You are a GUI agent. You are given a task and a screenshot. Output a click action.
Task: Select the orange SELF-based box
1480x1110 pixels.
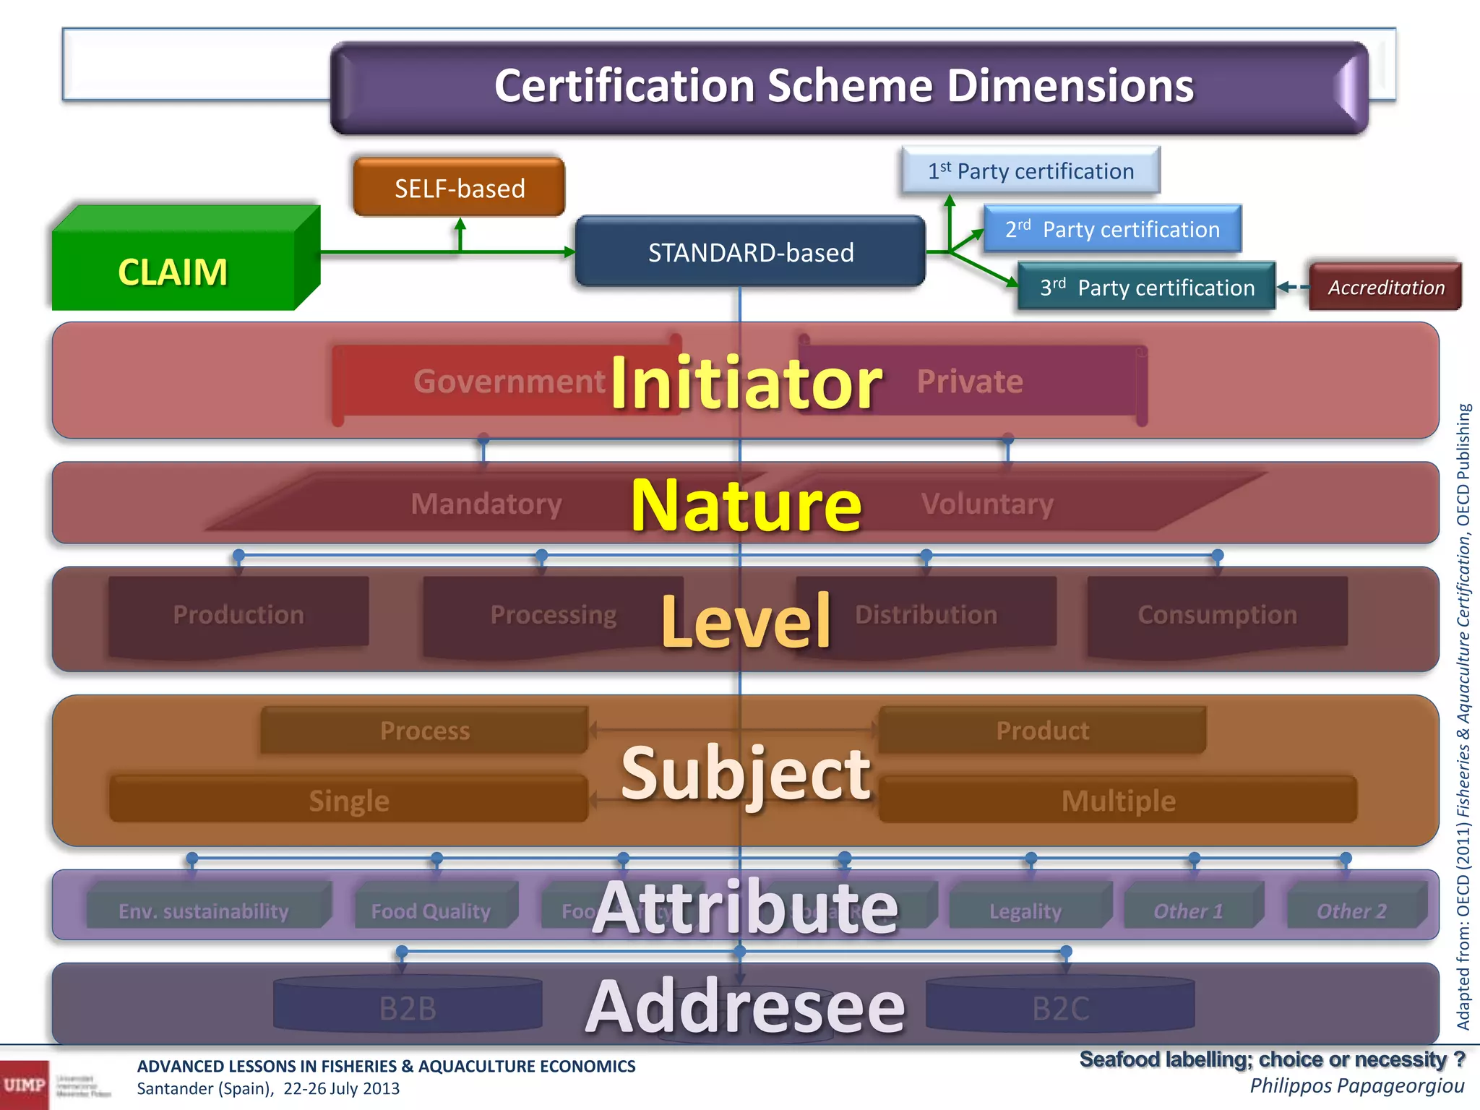point(460,188)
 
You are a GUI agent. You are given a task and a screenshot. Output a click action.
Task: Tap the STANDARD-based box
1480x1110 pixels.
point(750,252)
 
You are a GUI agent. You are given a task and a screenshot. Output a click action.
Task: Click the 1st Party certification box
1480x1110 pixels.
point(1031,171)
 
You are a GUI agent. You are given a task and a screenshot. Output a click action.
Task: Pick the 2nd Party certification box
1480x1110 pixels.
point(1112,230)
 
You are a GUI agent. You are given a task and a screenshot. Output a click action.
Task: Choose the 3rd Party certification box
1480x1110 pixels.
point(1147,288)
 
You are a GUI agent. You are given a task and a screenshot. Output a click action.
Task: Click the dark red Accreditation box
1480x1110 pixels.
point(1385,288)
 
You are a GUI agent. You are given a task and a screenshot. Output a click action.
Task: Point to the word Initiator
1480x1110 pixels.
point(746,383)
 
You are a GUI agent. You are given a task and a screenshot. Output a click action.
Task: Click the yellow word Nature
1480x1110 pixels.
point(746,505)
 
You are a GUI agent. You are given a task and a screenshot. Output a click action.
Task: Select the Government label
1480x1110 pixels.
point(509,382)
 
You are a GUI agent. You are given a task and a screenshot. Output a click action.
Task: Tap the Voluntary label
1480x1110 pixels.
point(987,504)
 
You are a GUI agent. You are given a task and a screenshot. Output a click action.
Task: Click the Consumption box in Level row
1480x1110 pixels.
point(1217,615)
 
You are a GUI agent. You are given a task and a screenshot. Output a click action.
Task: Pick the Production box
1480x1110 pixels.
point(238,615)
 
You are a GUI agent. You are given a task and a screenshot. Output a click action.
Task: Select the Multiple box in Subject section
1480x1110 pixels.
point(1118,801)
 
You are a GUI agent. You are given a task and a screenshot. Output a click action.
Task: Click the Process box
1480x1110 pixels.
point(425,731)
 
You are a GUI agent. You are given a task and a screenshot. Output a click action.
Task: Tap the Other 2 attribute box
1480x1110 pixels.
point(1351,911)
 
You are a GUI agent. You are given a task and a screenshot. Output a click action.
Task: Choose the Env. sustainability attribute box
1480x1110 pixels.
point(204,911)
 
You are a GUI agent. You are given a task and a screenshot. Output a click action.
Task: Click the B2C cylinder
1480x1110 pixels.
point(1060,1007)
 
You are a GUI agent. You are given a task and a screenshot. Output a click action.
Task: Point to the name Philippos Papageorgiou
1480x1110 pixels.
point(1356,1085)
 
